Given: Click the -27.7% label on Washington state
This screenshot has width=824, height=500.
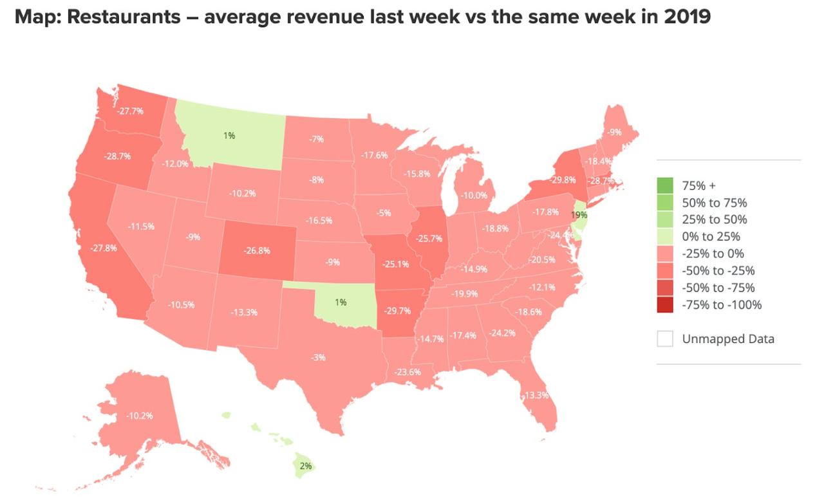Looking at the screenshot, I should pyautogui.click(x=131, y=111).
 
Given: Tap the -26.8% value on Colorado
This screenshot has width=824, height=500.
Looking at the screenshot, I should pyautogui.click(x=258, y=250).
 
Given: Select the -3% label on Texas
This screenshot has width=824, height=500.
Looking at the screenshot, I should pyautogui.click(x=318, y=356).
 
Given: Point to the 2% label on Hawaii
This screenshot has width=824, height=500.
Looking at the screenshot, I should pyautogui.click(x=306, y=465).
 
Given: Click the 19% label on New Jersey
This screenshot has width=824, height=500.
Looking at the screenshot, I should pyautogui.click(x=579, y=215).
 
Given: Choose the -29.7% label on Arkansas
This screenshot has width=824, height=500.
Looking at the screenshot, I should pyautogui.click(x=397, y=310).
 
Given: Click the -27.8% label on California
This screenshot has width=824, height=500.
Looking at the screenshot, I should pyautogui.click(x=104, y=248).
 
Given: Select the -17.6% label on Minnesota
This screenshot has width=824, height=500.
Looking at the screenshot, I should pyautogui.click(x=374, y=155).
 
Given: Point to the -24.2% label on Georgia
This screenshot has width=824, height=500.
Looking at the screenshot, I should pyautogui.click(x=502, y=333).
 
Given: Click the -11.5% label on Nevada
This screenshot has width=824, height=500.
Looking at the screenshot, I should pyautogui.click(x=141, y=226).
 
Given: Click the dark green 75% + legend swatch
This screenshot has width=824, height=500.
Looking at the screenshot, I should pyautogui.click(x=665, y=186).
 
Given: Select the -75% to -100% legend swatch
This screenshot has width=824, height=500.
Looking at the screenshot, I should pyautogui.click(x=665, y=304).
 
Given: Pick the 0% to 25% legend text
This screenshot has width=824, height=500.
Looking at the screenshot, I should pyautogui.click(x=711, y=236).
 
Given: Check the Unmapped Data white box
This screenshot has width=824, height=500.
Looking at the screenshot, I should pyautogui.click(x=665, y=338).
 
